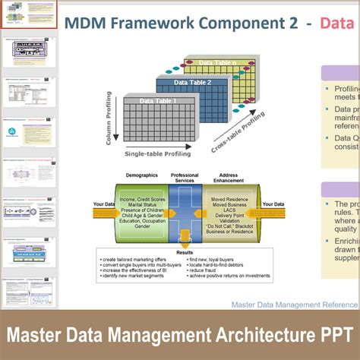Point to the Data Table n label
pos(216,63)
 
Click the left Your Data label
pos(104,204)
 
